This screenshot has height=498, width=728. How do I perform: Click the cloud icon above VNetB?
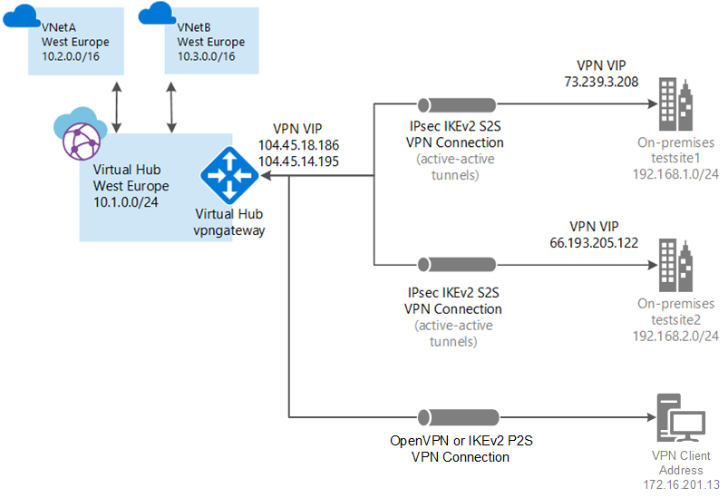tap(157, 13)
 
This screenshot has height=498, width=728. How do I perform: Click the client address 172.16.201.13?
tap(681, 483)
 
